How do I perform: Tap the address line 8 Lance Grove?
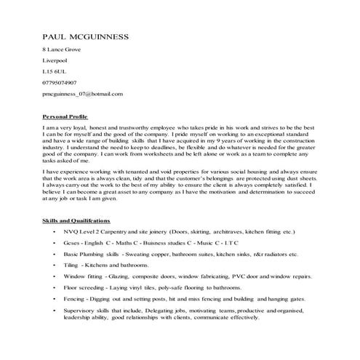pos(62,49)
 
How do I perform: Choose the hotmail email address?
pos(82,94)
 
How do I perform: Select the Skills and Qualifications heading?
pos(76,219)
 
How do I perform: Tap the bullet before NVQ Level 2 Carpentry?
pos(55,231)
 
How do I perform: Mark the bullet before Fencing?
pos(55,300)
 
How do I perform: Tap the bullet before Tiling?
pos(55,266)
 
